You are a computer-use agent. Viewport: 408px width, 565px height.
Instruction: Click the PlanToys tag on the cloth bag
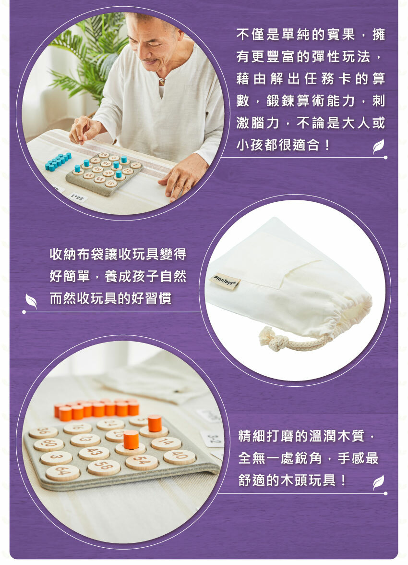click(226, 282)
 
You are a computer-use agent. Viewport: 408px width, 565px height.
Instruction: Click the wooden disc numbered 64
click(62, 472)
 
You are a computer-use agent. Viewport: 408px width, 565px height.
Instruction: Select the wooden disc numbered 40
click(180, 456)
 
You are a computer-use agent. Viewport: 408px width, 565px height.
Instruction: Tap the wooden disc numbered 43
click(94, 453)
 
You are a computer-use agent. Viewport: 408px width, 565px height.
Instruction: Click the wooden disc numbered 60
click(48, 444)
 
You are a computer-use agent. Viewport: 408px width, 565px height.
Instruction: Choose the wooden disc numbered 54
click(142, 462)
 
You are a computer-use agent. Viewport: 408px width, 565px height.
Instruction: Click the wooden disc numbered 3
click(56, 457)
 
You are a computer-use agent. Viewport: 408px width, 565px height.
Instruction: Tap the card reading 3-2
click(213, 438)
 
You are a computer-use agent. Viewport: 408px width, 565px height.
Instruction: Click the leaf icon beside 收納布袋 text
click(31, 301)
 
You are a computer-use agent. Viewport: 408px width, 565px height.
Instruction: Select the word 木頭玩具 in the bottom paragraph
click(302, 480)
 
